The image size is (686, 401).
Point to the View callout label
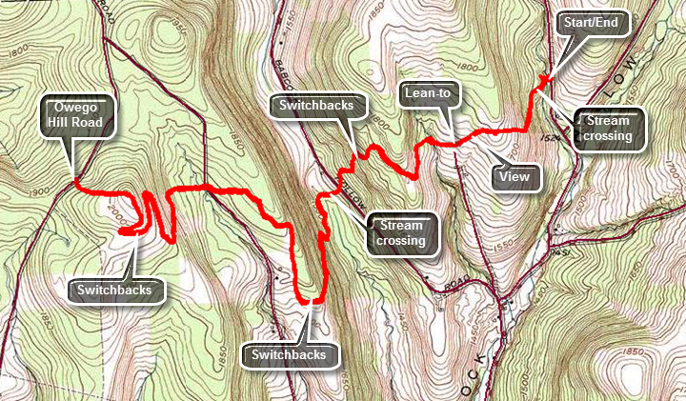[x=514, y=175]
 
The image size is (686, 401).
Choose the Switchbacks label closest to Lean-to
[x=318, y=105]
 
